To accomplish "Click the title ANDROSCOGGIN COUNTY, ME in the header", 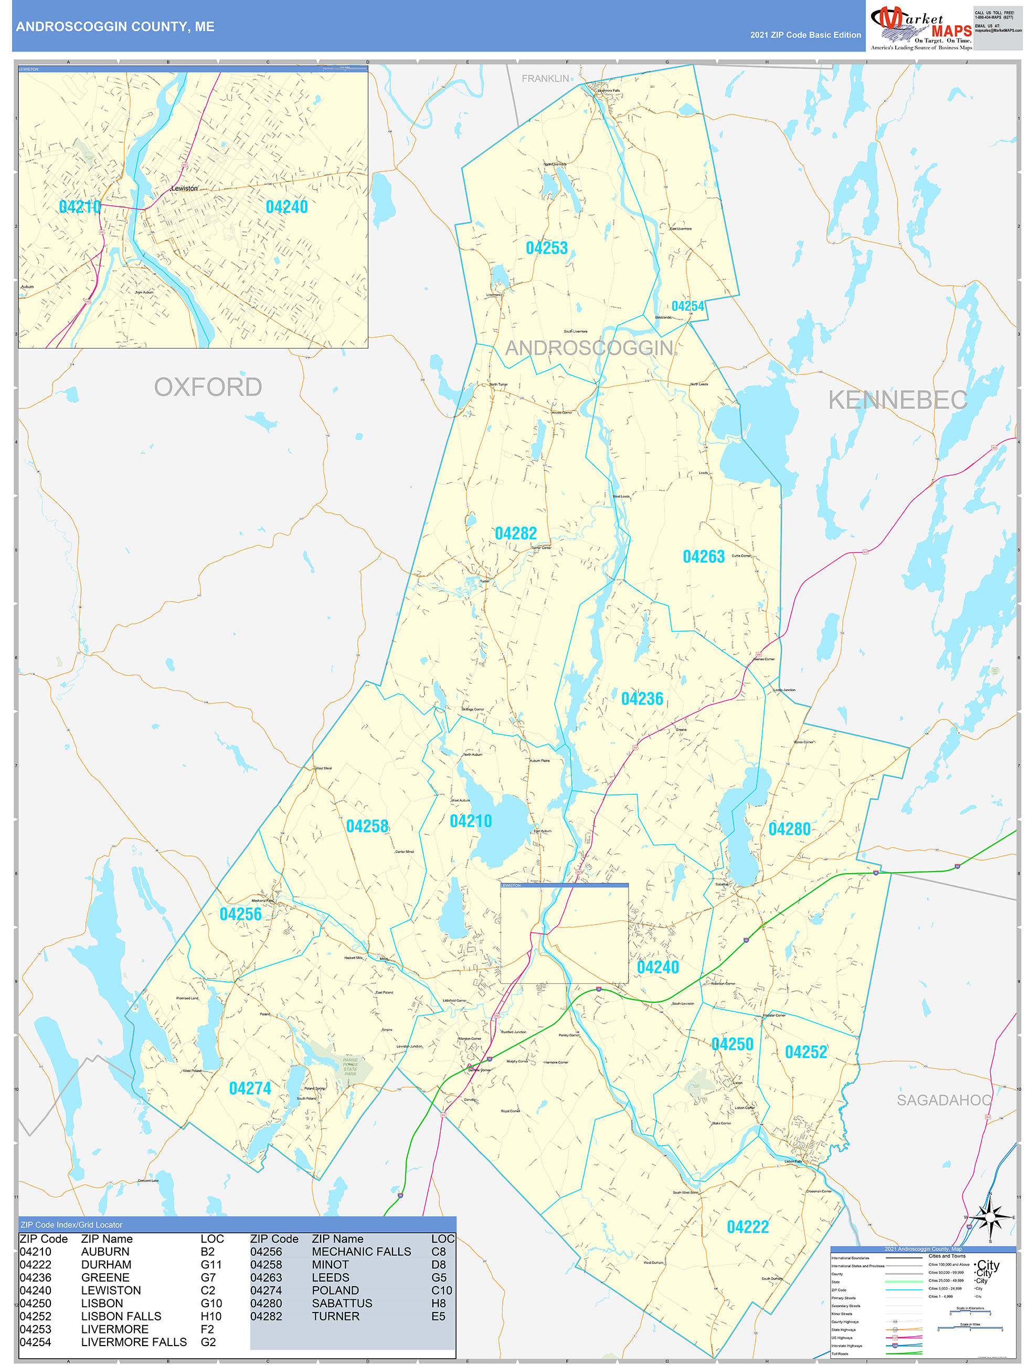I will [115, 27].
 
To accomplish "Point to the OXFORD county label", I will [208, 387].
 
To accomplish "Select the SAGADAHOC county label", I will [944, 1100].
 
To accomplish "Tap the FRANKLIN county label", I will [545, 79].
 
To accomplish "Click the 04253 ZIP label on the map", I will [547, 248].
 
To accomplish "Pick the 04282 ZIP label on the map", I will [516, 533].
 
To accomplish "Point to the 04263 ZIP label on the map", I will [703, 556].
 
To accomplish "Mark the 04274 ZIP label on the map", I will [250, 1088].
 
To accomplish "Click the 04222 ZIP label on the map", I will [748, 1227].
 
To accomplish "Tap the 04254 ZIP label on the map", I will [688, 307].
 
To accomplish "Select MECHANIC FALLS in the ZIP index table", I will [361, 1252].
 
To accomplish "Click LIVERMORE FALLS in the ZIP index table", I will [134, 1342].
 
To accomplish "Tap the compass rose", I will [990, 1217].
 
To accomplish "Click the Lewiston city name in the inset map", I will [185, 188].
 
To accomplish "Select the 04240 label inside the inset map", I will [287, 207].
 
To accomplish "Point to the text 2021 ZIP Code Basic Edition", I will [805, 35].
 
